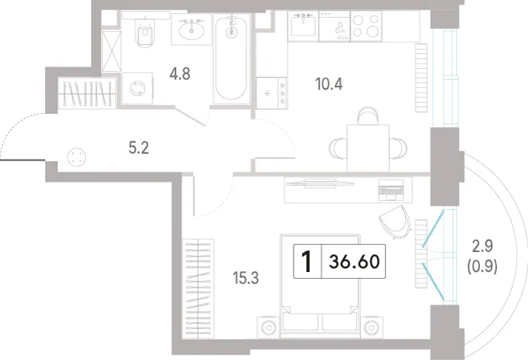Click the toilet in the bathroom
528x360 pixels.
pos(146,32)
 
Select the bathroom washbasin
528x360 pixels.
pos(192,30)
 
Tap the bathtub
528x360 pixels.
pos(231,58)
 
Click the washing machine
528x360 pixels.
pos(138,88)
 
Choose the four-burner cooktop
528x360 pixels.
pos(366,27)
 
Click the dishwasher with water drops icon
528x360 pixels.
pos(335,27)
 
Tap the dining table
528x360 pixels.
pos(368,148)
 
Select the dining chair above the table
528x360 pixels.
pos(368,115)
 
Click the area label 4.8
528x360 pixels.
pos(180,73)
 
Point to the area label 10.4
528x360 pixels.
pos(329,84)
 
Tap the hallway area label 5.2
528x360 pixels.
pos(139,148)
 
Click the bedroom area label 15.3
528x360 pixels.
pos(246,278)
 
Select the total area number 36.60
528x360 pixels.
pos(354,262)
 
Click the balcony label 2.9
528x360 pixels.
pos(483,247)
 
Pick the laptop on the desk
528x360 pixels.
pos(390,189)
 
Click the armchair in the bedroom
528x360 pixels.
pos(396,223)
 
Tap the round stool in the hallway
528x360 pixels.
pos(76,157)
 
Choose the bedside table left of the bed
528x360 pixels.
pos(268,327)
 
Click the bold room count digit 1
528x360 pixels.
pos(307,262)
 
